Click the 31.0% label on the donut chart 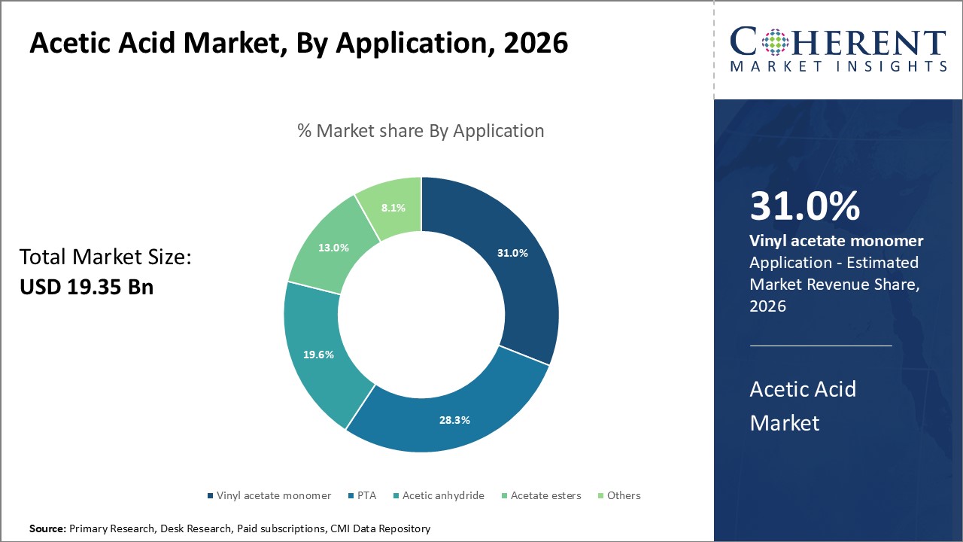point(512,254)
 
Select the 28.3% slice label point(454,420)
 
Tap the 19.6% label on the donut point(318,355)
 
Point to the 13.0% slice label point(333,248)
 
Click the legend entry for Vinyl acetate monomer point(273,495)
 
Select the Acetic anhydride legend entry point(442,495)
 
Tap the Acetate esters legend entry point(545,495)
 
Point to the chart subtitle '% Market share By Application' point(421,131)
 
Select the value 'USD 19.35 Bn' point(87,287)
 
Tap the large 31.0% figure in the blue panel point(804,206)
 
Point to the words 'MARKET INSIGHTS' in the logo point(838,67)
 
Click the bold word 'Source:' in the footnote point(47,528)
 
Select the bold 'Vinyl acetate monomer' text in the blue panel point(837,241)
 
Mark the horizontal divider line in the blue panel point(821,346)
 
